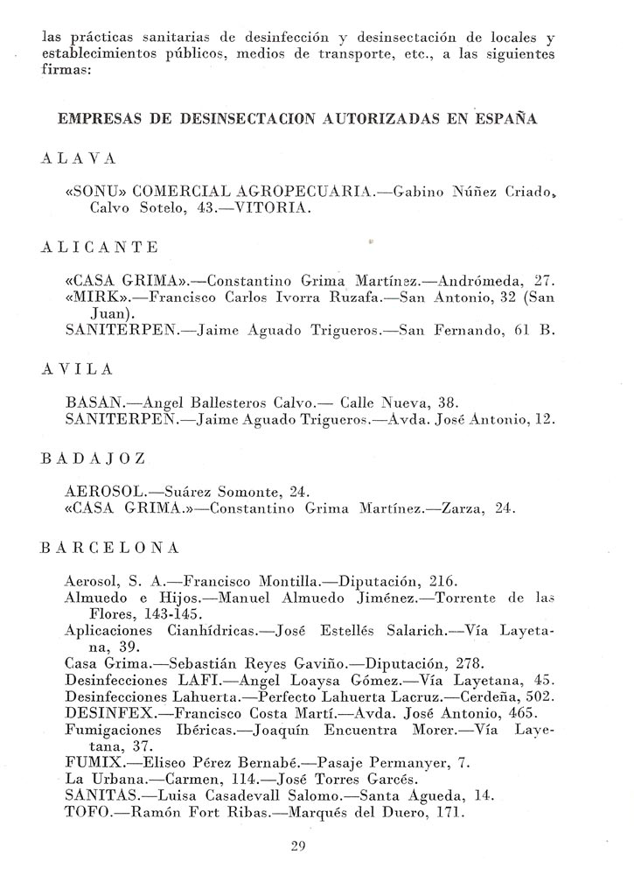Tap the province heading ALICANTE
tap(100, 247)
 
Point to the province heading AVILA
tap(76, 371)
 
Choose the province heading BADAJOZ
tap(93, 458)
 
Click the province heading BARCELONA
tap(109, 548)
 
